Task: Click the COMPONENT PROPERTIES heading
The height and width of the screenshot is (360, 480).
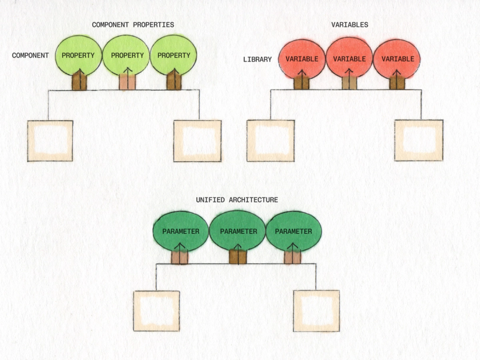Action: click(x=133, y=25)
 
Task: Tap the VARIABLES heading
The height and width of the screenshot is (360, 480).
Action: click(x=349, y=25)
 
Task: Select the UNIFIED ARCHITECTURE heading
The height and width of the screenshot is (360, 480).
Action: click(x=236, y=200)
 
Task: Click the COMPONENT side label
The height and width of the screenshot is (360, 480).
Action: click(x=30, y=56)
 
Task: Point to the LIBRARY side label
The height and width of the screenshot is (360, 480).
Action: click(x=257, y=60)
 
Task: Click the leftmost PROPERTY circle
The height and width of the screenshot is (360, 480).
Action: click(x=78, y=56)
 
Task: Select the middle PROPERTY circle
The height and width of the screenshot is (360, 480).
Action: click(x=127, y=56)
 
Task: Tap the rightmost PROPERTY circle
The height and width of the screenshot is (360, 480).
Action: click(x=174, y=56)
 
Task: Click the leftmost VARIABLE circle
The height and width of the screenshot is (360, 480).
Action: click(x=301, y=59)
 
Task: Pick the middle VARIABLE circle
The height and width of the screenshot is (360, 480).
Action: click(x=349, y=59)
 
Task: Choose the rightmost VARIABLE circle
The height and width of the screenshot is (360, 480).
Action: click(x=397, y=59)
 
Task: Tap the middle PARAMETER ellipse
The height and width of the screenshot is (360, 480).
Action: click(x=238, y=231)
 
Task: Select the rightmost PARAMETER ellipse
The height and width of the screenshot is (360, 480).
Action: click(x=293, y=231)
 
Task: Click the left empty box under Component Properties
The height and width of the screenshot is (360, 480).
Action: click(x=50, y=141)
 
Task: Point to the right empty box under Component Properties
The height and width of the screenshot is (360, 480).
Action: click(x=197, y=141)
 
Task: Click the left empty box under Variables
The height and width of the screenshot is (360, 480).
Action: click(x=270, y=141)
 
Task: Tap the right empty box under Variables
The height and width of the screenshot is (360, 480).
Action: click(x=419, y=141)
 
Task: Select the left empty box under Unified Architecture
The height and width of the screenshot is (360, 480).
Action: click(x=156, y=311)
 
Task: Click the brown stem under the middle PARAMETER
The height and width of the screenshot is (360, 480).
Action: click(x=238, y=257)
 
